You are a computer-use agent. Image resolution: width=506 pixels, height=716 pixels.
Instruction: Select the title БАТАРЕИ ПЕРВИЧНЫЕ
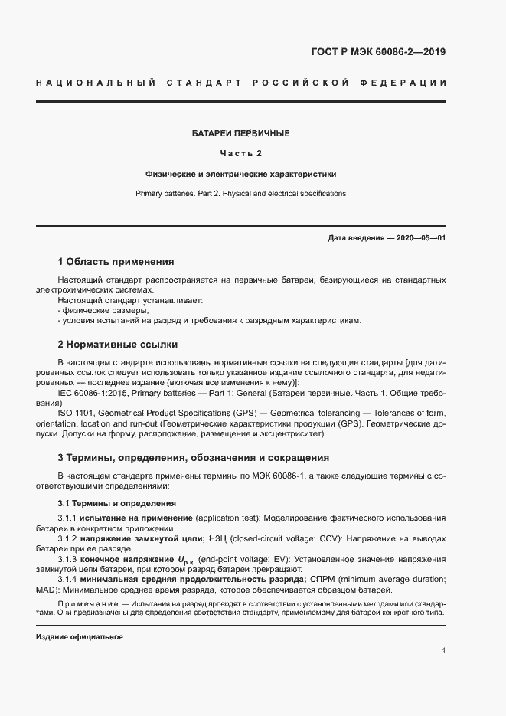[240, 133]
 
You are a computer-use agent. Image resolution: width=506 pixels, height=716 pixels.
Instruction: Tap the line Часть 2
[240, 153]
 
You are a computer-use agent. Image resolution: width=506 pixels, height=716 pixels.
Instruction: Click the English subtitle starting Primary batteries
[240, 194]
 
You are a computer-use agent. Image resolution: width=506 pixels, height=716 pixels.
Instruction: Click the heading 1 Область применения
[116, 262]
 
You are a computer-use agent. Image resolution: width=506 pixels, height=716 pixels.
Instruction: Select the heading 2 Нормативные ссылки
[118, 345]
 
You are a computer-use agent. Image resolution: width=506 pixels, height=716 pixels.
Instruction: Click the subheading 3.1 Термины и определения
[117, 504]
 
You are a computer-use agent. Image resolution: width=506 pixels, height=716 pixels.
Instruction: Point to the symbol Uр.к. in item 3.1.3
[187, 560]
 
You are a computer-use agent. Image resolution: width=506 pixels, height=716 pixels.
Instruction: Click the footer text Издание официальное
[80, 637]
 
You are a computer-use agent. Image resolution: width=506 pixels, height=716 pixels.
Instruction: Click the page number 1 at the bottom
[443, 651]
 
